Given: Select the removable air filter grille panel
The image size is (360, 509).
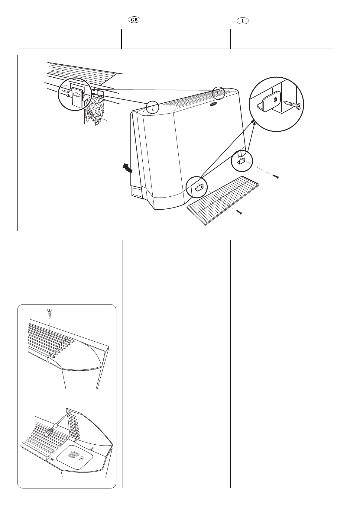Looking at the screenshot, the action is [x=224, y=199].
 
